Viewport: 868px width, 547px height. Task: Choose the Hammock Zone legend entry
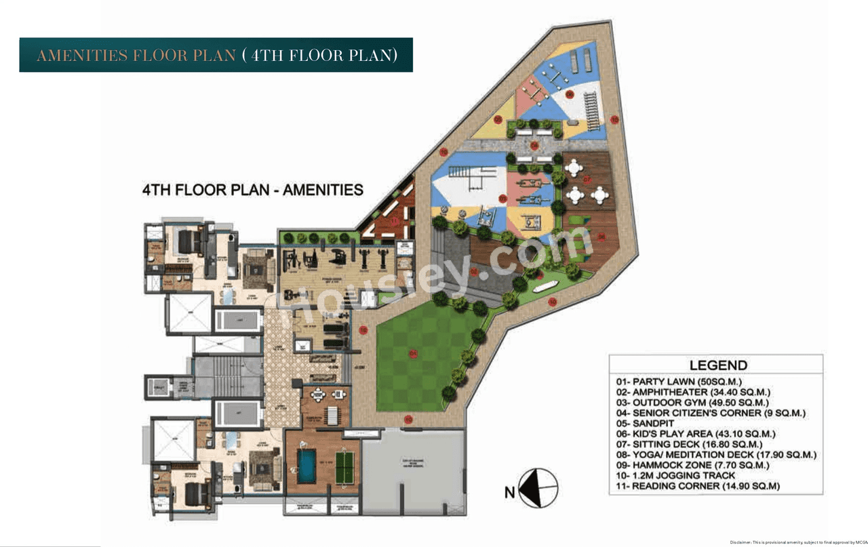(691, 466)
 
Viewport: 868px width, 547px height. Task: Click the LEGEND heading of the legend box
(718, 365)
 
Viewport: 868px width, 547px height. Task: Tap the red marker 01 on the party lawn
(413, 353)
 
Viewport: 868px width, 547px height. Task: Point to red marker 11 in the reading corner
(394, 221)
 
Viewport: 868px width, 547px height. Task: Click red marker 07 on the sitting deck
(587, 180)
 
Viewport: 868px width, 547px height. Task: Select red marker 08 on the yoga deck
(601, 236)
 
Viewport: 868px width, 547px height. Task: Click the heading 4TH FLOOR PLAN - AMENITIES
(252, 190)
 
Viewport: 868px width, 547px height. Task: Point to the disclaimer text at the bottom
(797, 542)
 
